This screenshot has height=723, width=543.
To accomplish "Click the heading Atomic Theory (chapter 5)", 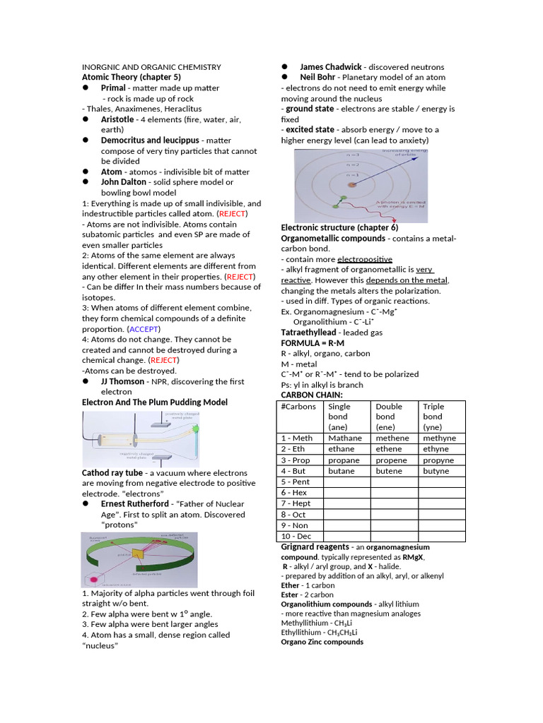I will pos(132,77).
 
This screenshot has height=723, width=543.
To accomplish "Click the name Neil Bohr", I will pos(317,77).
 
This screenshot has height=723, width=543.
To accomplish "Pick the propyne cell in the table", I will pos(439,460).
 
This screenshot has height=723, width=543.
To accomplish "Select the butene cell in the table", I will pos(389,470).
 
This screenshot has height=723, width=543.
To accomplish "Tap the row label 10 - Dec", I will pos(296,536).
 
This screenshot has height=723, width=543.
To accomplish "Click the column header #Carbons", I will pos(298,407).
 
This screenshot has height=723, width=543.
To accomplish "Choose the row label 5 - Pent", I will pos(296,482).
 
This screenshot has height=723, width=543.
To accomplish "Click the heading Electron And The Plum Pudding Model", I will pos(155,402).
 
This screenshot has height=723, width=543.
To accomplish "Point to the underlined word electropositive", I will pos(364,259).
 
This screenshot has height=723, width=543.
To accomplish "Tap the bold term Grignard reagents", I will pos(315,547).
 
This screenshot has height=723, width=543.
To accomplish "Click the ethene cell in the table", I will pos(389,449).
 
